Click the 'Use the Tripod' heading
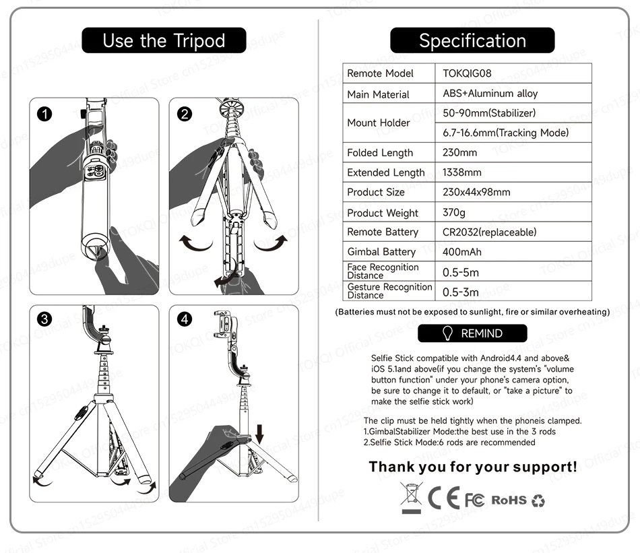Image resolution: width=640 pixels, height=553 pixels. click(x=164, y=40)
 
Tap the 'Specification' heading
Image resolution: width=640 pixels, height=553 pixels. click(x=472, y=40)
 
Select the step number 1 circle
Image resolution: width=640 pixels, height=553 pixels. click(x=44, y=114)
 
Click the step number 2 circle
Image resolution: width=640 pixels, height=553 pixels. click(x=183, y=114)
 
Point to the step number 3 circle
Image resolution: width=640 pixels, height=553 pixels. click(x=44, y=319)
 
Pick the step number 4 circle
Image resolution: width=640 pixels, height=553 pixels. click(x=183, y=319)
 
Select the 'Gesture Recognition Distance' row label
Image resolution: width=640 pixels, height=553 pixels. click(x=389, y=291)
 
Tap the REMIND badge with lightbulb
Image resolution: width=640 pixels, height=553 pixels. click(x=472, y=333)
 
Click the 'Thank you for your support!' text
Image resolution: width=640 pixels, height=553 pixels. click(x=472, y=467)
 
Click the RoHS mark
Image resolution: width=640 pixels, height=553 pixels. click(x=509, y=500)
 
